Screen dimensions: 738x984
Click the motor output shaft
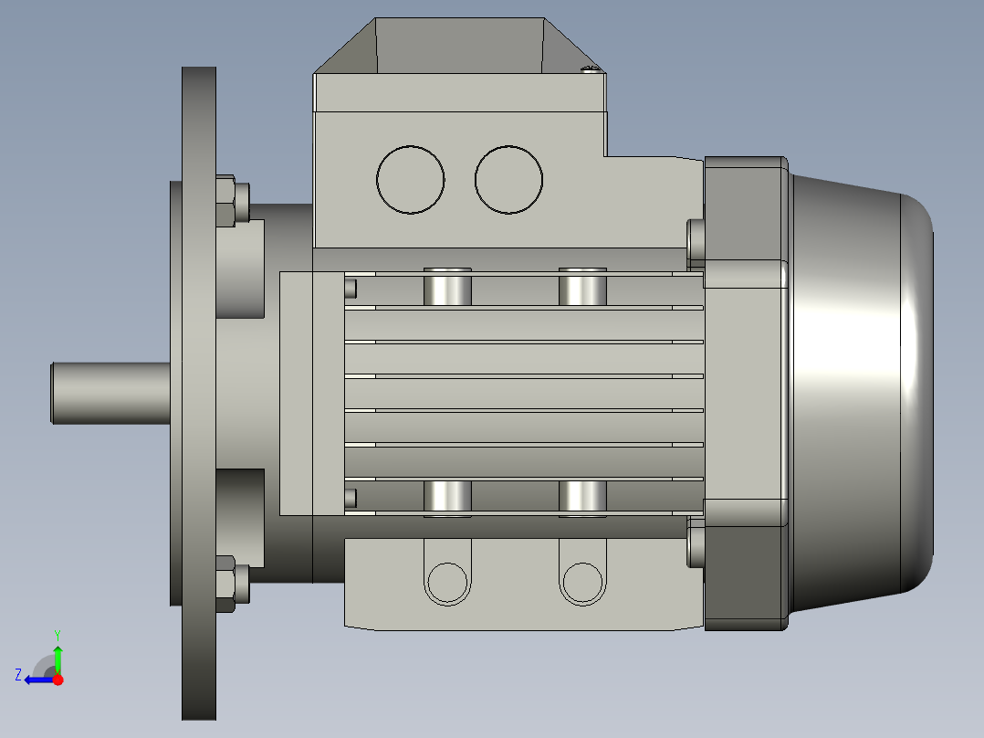[110, 393]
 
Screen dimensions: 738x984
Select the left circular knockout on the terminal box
[411, 180]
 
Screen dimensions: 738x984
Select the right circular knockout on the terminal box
[508, 180]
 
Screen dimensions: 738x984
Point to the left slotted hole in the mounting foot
[447, 581]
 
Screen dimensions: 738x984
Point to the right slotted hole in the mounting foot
[581, 581]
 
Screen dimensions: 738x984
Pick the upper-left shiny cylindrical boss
[447, 287]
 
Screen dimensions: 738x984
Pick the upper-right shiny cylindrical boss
[582, 287]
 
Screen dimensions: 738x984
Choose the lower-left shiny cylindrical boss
[447, 497]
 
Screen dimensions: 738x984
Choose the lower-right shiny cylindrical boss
[582, 497]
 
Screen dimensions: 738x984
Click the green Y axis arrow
[58, 656]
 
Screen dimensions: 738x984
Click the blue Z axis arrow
[37, 680]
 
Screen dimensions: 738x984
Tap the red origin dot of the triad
[58, 680]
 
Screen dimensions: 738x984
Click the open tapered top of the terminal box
[461, 46]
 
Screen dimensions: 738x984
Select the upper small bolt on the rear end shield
[696, 238]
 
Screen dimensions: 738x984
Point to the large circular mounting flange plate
[199, 393]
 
